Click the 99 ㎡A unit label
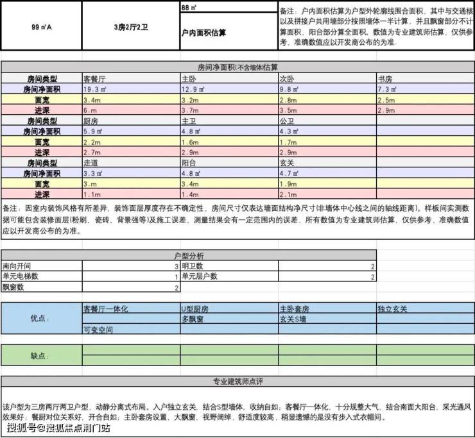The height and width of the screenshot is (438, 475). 41,28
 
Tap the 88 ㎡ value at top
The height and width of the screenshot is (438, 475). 189,8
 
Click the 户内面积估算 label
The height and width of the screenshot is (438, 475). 203,31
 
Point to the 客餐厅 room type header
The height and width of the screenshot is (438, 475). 96,78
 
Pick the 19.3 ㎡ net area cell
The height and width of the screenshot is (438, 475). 96,89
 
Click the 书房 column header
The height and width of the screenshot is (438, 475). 386,78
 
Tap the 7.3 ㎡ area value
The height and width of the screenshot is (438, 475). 388,89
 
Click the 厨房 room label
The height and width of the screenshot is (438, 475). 91,121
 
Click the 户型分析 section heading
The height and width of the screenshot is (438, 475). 188,255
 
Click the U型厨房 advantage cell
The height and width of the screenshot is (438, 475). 195,308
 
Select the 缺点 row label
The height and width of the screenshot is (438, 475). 40,355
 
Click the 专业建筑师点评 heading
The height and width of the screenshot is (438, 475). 237,382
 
